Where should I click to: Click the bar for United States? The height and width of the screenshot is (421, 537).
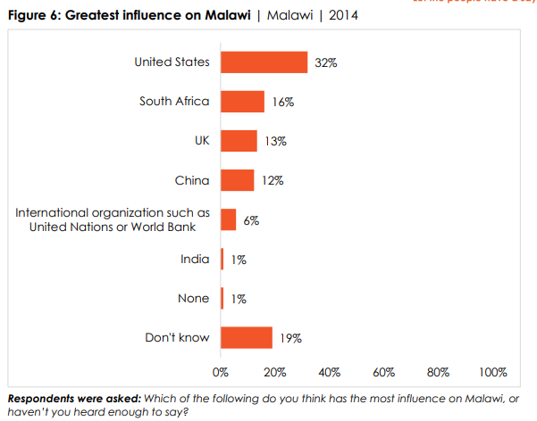[264, 62]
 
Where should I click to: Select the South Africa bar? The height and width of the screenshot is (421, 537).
[242, 102]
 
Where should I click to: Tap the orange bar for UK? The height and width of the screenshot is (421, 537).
[239, 141]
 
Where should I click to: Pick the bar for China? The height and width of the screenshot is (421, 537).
[237, 180]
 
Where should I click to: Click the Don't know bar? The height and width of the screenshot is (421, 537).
[246, 337]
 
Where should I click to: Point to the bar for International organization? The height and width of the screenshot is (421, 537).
[229, 219]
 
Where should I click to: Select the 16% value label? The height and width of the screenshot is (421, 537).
[282, 103]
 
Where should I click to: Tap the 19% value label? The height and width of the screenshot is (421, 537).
[290, 338]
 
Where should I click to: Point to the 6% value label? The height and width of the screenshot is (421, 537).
[251, 220]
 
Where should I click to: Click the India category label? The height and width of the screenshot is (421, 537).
[194, 260]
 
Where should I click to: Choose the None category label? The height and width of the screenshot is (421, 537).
[193, 299]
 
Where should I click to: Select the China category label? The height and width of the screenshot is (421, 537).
[192, 180]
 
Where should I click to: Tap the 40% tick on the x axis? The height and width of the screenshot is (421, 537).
[330, 371]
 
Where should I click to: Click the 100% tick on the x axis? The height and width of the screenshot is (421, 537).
[493, 371]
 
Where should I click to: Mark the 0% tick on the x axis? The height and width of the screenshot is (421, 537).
[221, 371]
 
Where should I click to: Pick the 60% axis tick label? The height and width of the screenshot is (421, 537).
[384, 371]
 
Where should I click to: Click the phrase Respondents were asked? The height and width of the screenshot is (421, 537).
[62, 397]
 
